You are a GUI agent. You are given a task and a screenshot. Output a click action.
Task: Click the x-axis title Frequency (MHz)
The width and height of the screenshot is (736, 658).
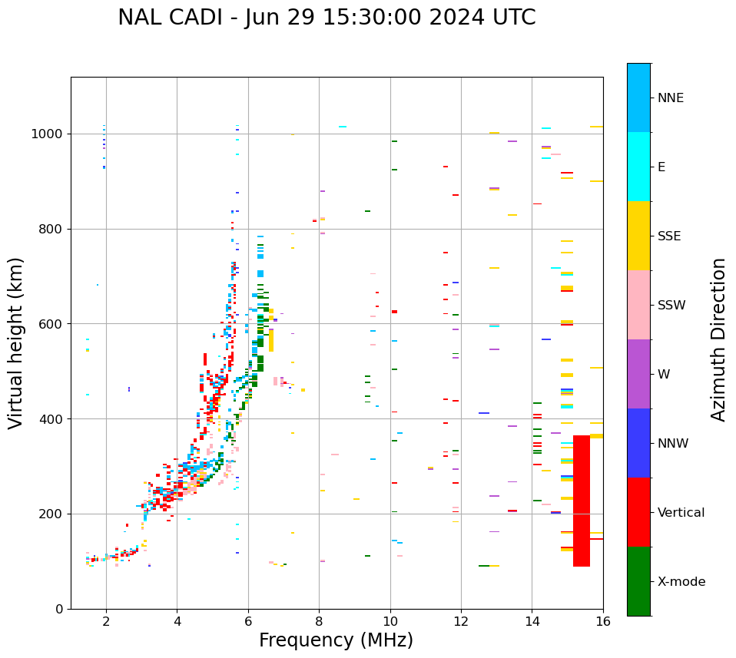[x=336, y=640]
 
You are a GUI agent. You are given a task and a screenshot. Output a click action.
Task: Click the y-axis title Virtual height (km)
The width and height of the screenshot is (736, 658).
[x=16, y=342]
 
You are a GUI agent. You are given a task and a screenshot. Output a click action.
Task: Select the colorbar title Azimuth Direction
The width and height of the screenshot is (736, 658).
[x=718, y=339]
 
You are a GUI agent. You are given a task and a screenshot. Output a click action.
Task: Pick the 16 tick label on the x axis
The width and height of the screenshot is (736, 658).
[x=603, y=622]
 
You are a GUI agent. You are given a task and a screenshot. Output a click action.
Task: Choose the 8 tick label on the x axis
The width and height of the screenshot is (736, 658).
[x=320, y=622]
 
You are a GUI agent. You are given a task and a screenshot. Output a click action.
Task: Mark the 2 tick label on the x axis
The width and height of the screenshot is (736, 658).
[x=106, y=622]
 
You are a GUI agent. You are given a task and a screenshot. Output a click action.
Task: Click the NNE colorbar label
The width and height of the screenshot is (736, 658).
[x=670, y=98]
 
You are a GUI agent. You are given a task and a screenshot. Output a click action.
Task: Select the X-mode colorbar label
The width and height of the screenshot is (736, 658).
[x=681, y=582]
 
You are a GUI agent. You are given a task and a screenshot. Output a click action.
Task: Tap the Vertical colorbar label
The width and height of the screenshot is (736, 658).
[x=681, y=513]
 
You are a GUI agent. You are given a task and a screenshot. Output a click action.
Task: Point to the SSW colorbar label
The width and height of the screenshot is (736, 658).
[x=671, y=306]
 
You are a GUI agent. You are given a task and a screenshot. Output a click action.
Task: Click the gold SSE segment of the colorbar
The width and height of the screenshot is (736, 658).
[x=638, y=236]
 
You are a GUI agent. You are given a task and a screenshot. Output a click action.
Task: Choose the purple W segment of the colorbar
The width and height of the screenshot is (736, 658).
[x=638, y=374]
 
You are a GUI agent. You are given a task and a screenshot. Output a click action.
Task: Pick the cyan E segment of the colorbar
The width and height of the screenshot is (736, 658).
[x=638, y=167]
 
